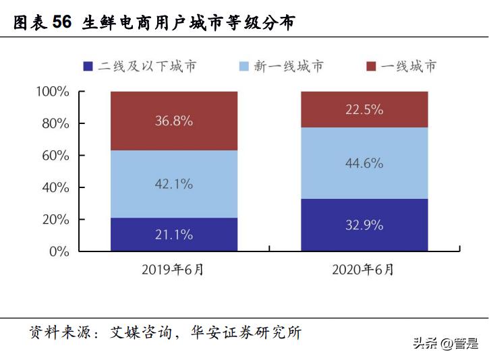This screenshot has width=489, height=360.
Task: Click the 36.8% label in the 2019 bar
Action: [174, 121]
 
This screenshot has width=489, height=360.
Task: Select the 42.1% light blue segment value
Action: [174, 183]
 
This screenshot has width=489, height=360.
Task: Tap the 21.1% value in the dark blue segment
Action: [174, 235]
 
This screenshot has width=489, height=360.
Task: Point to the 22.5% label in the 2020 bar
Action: [364, 109]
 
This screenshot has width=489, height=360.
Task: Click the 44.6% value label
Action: [364, 163]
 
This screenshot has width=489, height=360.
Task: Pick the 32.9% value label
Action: [364, 225]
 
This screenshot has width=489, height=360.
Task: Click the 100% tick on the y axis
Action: [52, 92]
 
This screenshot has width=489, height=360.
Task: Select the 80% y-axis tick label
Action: [55, 124]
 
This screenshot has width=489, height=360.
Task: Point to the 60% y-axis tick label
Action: [55, 156]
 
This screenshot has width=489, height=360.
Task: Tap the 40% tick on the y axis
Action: [55, 187]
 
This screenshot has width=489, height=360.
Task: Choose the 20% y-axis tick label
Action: [55, 220]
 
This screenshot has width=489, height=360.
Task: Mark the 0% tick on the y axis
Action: [59, 251]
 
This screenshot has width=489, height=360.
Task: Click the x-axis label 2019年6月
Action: [173, 270]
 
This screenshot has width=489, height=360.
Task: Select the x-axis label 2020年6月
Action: [364, 270]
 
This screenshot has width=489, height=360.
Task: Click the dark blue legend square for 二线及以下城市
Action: [88, 66]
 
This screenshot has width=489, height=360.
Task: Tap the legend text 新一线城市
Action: [288, 66]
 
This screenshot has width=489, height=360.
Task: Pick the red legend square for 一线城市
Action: [370, 66]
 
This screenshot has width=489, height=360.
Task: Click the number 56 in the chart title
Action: [61, 23]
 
